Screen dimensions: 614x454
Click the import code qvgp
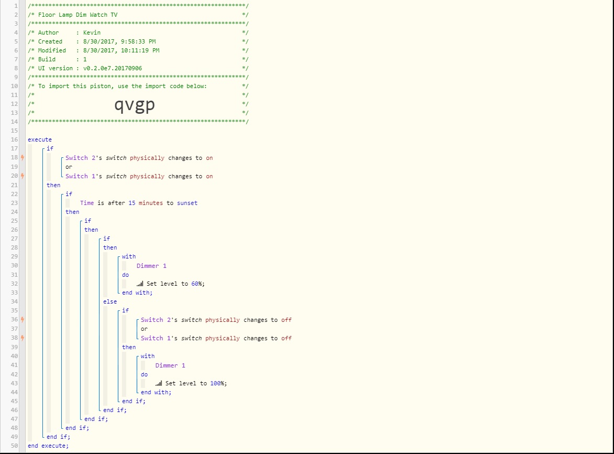click(135, 105)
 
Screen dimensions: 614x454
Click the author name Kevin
click(92, 33)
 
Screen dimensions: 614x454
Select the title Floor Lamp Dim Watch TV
click(78, 15)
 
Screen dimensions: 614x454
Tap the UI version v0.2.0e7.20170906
click(113, 68)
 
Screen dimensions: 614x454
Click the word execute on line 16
click(39, 139)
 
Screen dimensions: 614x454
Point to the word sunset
click(187, 203)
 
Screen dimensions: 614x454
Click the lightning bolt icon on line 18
click(23, 157)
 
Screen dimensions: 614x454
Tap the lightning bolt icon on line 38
click(23, 338)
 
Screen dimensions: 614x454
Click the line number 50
click(15, 446)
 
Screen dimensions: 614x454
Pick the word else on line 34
click(110, 301)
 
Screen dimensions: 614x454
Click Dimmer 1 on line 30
click(151, 266)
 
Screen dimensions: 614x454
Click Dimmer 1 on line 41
click(170, 365)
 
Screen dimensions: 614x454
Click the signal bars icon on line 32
click(140, 284)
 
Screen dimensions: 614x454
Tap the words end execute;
click(48, 446)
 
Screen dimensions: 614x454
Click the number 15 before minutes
click(132, 203)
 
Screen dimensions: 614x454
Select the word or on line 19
click(69, 167)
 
